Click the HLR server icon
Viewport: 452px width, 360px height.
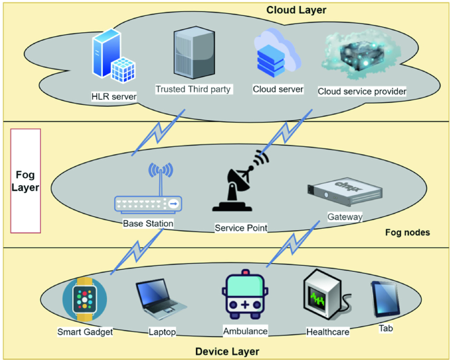coord(113,59)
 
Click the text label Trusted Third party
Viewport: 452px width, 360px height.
coord(193,89)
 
